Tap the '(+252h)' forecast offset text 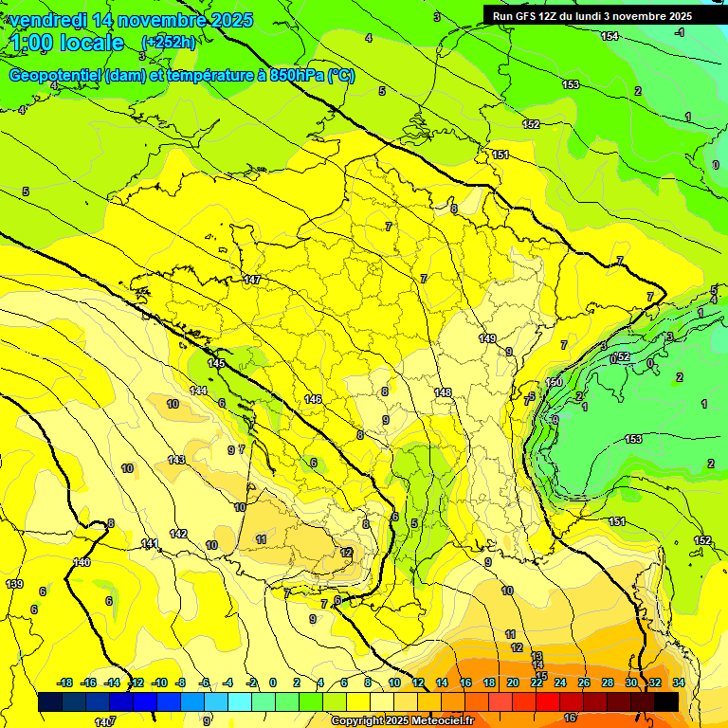(x=169, y=43)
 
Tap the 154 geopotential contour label (x=610, y=36)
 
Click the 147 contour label (x=251, y=280)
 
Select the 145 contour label (x=216, y=363)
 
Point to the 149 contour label (x=487, y=338)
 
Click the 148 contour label (x=443, y=392)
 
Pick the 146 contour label (x=314, y=399)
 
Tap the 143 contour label (x=176, y=460)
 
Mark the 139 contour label (x=13, y=584)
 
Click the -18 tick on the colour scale (x=64, y=683)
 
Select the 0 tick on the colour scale (x=272, y=683)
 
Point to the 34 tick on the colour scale (x=678, y=683)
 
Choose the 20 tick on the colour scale (x=512, y=683)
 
